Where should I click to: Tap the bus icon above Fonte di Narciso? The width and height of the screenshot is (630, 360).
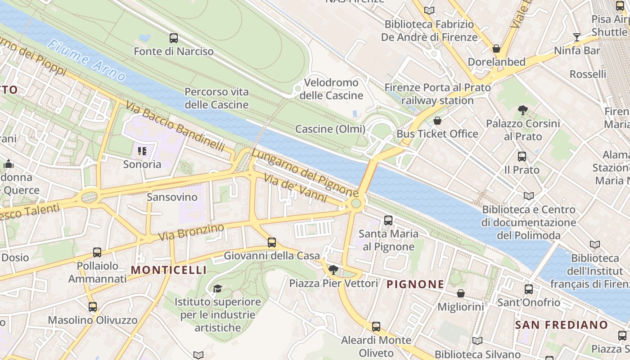(174, 38)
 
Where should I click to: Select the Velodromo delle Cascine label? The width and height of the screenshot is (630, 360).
(331, 89)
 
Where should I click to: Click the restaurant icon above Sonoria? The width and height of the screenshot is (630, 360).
(142, 151)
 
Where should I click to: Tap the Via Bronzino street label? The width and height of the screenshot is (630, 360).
(191, 232)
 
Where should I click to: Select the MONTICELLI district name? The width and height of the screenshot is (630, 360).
(169, 270)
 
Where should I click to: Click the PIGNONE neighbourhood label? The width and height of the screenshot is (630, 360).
(415, 284)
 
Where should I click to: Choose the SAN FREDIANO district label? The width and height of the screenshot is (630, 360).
(561, 325)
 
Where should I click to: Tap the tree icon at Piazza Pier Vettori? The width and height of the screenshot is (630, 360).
(333, 270)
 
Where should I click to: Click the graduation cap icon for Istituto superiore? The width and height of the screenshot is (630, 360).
(218, 288)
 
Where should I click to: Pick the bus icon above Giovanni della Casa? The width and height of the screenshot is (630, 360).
(272, 243)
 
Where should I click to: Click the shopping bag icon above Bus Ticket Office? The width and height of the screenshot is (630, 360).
(437, 121)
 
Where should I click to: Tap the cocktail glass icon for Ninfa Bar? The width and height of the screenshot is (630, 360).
(576, 37)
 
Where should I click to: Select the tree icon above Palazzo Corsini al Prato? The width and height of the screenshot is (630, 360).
(522, 110)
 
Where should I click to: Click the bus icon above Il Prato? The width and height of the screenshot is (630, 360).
(522, 157)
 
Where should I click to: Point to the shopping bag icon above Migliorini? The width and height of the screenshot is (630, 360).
(461, 293)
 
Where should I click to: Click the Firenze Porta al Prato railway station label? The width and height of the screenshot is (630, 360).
(437, 94)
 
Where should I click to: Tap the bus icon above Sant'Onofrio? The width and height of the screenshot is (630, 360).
(529, 289)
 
